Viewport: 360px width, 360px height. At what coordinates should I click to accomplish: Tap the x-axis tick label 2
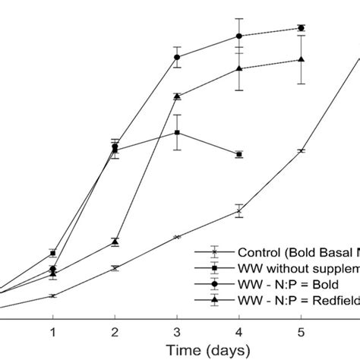(115, 332)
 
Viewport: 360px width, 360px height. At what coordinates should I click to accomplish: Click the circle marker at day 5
(302, 28)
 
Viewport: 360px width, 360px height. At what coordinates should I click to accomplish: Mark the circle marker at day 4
(239, 36)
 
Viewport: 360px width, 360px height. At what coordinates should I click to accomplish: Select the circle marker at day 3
(177, 57)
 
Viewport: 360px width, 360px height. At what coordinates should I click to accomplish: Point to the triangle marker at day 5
(302, 60)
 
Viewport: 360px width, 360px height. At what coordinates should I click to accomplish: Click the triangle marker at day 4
(239, 68)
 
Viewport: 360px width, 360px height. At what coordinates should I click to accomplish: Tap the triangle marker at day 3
(177, 96)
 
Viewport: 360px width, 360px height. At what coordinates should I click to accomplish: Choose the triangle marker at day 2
(115, 242)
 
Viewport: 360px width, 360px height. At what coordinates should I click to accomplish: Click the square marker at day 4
(239, 154)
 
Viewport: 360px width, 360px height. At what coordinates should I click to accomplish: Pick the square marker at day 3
(177, 132)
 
